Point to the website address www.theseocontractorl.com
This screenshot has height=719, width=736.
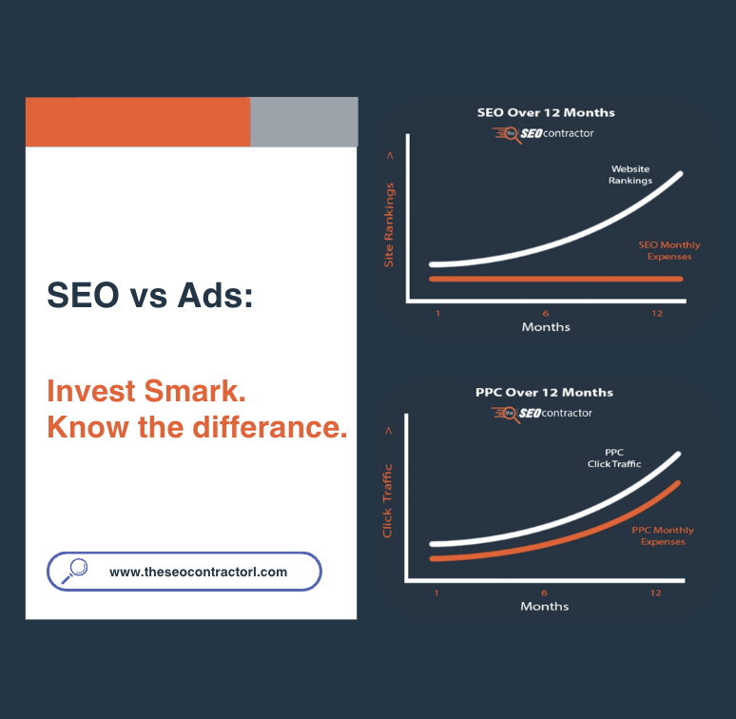(198, 573)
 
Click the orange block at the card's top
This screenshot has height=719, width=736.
(138, 122)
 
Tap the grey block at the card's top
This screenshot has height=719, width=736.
(303, 122)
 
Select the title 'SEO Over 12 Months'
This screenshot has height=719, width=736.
(545, 112)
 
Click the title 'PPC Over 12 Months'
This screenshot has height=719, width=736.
(544, 392)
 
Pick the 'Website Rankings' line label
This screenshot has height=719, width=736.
(630, 175)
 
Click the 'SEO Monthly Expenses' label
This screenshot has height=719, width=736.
(665, 250)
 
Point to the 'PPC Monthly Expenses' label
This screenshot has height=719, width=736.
(663, 535)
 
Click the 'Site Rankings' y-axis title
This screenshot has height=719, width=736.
(389, 224)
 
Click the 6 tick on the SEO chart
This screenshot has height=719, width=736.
(546, 313)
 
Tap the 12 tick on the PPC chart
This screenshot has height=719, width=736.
(655, 593)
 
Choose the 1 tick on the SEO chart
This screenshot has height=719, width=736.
(437, 313)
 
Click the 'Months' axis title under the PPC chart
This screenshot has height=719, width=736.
(545, 607)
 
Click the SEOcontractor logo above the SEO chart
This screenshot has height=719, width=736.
(543, 134)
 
